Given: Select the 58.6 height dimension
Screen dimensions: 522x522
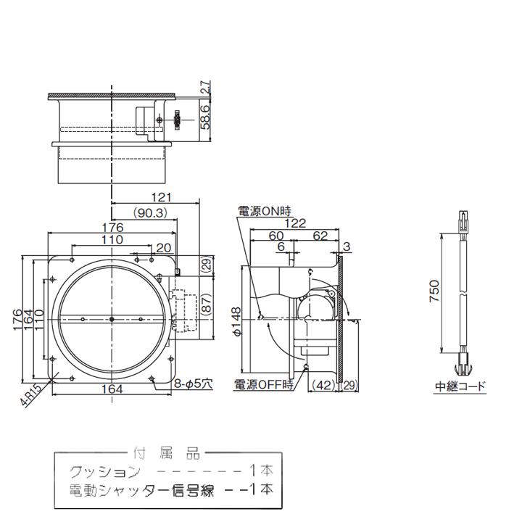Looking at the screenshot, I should click(205, 116).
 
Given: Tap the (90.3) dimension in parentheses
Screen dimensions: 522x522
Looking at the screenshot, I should click(151, 212).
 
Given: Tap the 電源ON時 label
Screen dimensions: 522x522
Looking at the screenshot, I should click(264, 211).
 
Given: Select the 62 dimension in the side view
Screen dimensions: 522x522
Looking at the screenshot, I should click(320, 236).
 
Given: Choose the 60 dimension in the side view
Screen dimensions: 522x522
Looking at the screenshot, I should click(275, 236).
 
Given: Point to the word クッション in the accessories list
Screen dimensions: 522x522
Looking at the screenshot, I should click(104, 471).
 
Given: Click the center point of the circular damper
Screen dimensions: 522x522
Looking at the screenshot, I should click(112, 319).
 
